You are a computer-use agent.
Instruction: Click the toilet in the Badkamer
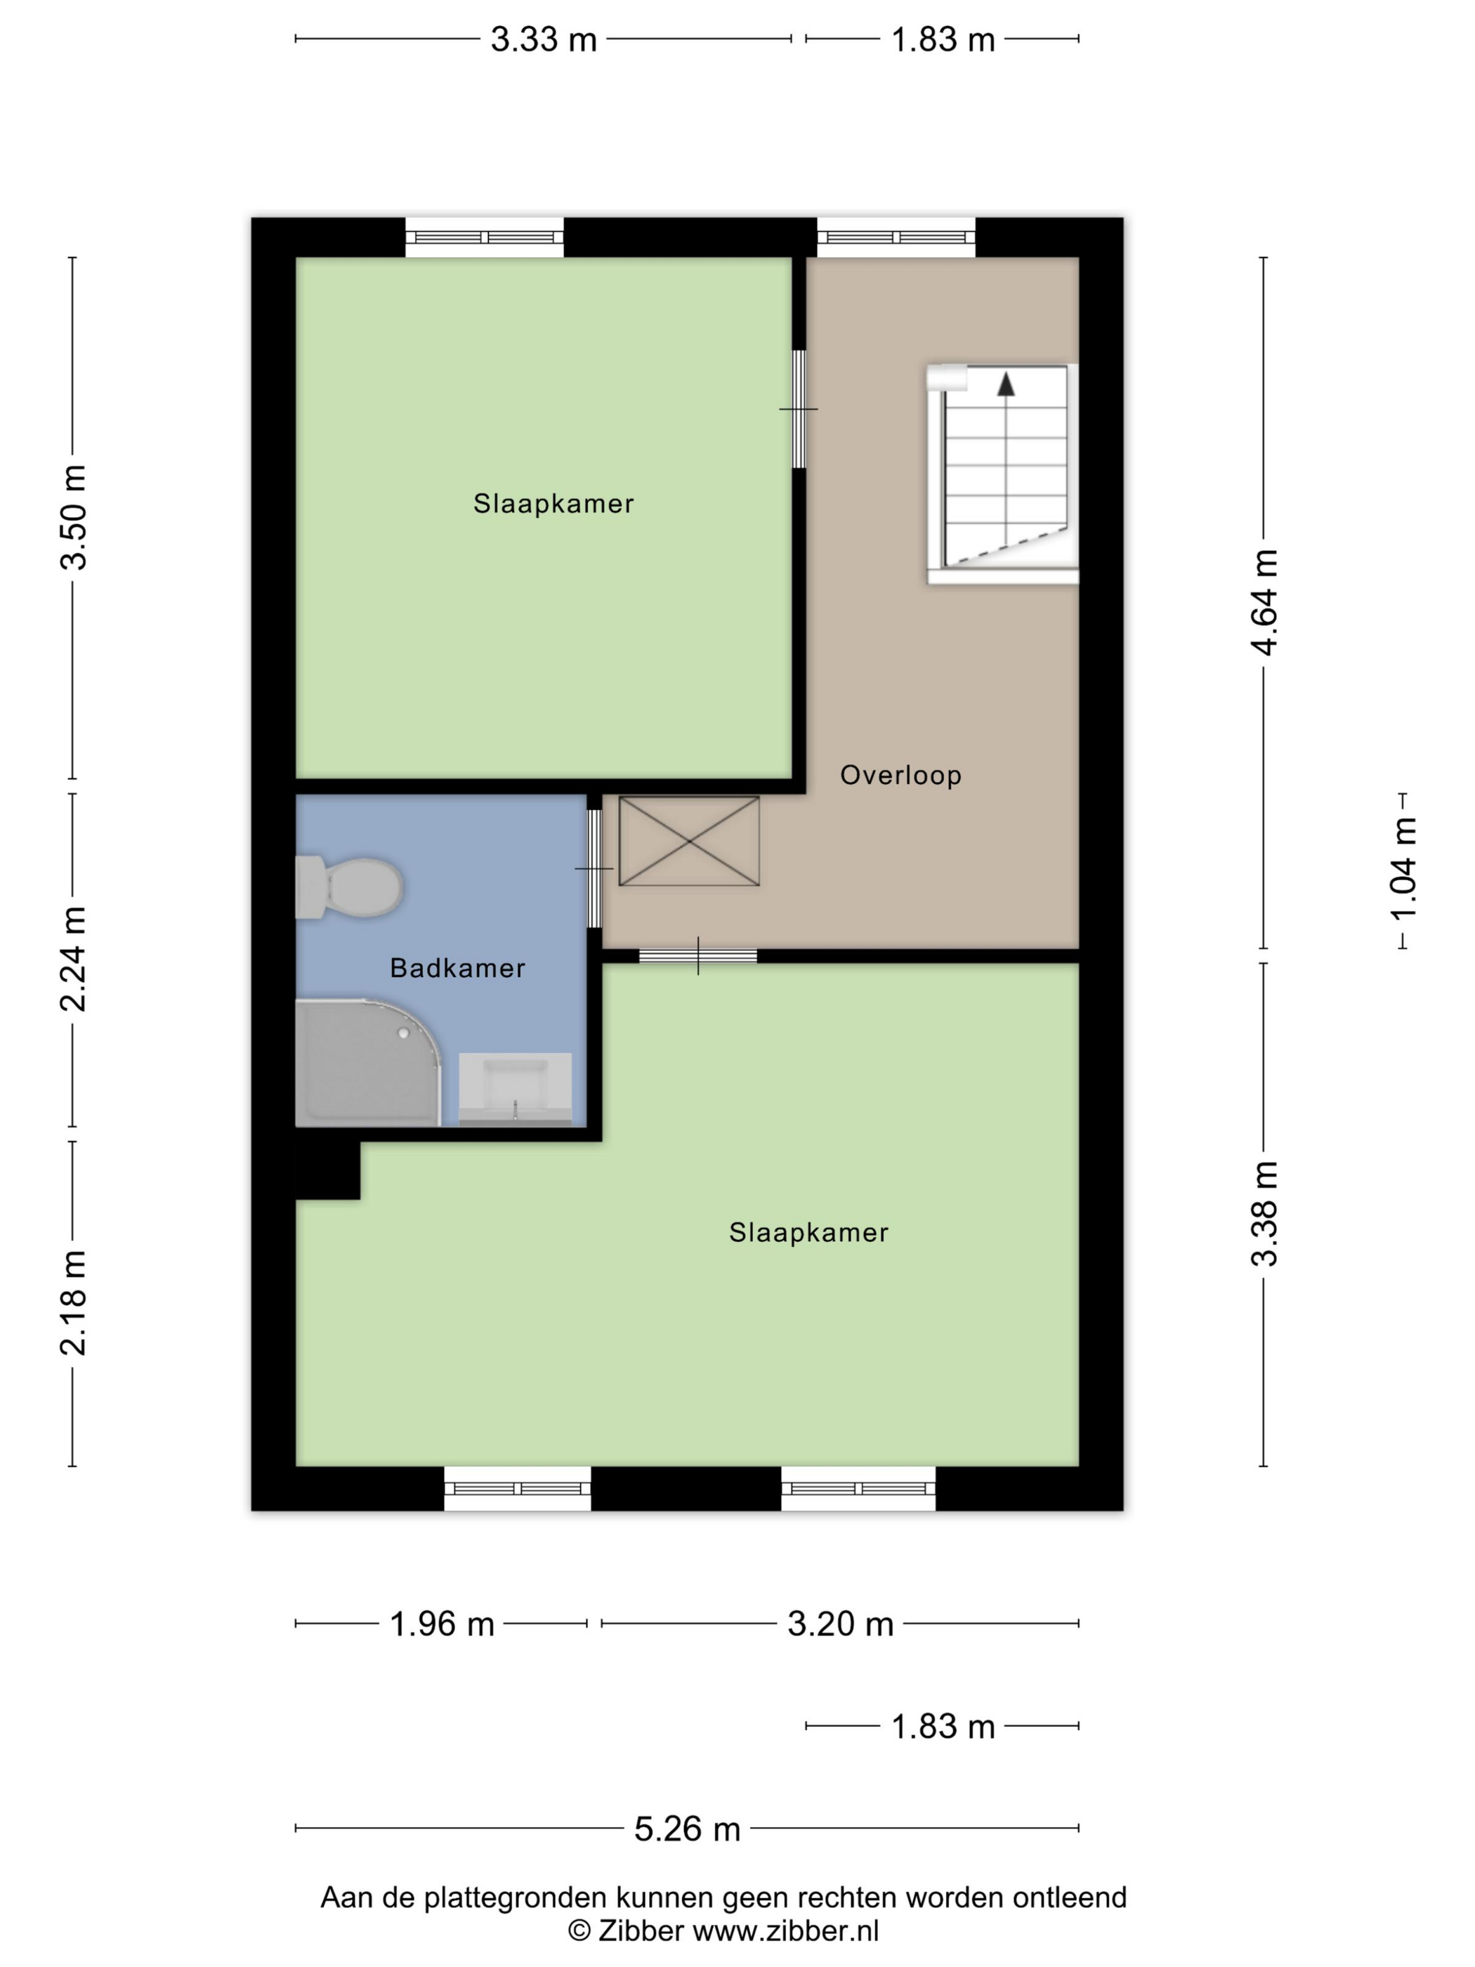coord(348,887)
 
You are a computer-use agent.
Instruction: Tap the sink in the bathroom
coord(515,1090)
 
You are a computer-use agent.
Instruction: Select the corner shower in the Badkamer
coord(367,1063)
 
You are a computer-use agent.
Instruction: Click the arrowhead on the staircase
coord(1006,384)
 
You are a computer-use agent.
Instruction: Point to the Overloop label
coord(900,776)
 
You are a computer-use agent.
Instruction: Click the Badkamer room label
coord(458,968)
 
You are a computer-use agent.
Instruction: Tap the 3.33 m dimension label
coord(543,40)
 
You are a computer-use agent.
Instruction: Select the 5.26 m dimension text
coord(687,1829)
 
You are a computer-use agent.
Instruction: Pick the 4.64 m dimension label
coord(1265,602)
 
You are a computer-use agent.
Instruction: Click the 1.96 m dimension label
coord(442,1625)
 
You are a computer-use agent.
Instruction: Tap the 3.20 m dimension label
coord(840,1625)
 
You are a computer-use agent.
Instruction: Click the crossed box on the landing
coord(689,841)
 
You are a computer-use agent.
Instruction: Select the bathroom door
coord(594,869)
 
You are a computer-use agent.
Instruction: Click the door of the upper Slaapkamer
coord(799,409)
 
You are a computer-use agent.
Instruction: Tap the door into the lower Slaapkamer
coord(698,956)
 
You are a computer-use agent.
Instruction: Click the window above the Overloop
coord(896,237)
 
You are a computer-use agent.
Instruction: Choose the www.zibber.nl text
coord(785,1930)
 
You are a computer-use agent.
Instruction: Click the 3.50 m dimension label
coord(73,518)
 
